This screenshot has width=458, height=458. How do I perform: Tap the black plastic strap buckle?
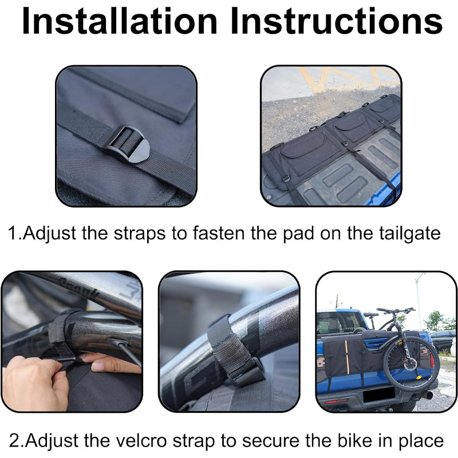[x=127, y=144]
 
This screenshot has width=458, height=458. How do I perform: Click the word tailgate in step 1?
[x=410, y=234]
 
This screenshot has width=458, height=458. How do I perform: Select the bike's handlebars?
[x=395, y=310]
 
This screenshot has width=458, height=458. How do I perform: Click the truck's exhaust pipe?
[x=427, y=394]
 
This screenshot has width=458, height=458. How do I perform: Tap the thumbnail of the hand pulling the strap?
[x=72, y=341]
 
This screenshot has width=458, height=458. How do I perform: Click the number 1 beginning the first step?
[x=14, y=234]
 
